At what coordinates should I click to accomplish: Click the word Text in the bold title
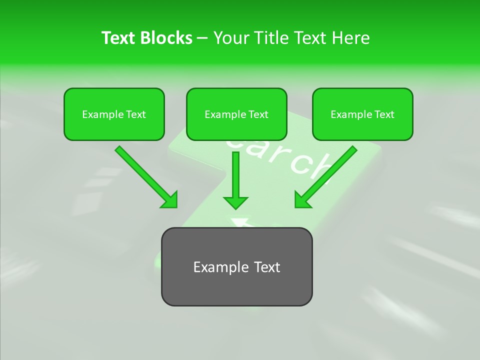[119, 38]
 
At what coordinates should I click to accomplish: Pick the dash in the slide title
[202, 38]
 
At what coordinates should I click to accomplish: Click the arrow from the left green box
[145, 175]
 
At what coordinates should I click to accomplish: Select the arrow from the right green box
[327, 175]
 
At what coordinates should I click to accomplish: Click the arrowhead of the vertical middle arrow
[235, 202]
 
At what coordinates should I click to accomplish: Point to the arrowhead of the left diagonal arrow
[169, 199]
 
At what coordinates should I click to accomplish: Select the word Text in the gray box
[266, 267]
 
